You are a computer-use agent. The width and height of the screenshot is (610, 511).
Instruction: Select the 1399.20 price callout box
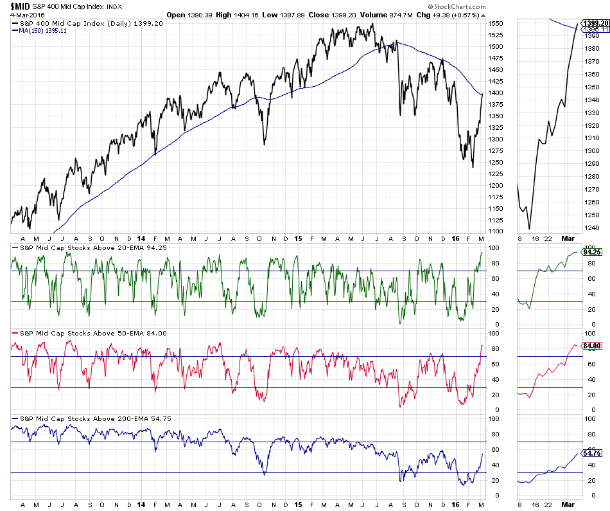[595, 23]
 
